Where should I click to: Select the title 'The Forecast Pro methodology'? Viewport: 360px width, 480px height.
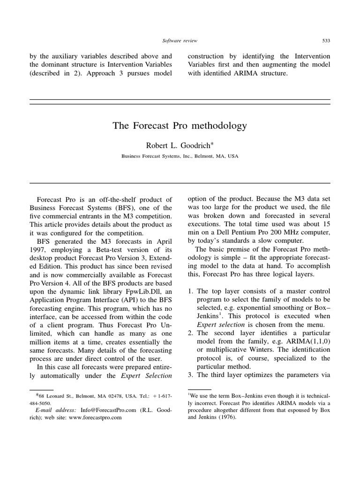180,126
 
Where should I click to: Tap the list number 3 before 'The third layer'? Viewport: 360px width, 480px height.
190,375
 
